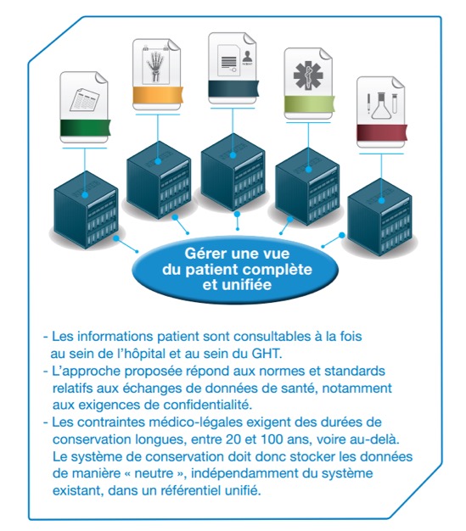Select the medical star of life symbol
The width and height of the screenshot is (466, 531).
[308, 75]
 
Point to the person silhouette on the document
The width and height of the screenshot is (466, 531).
[247, 57]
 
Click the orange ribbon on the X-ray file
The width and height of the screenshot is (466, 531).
[158, 94]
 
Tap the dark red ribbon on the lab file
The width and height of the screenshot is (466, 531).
[382, 132]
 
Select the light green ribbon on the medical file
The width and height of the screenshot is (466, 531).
[310, 103]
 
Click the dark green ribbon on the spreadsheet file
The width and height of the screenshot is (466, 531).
[86, 127]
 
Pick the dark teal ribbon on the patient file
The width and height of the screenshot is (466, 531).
[233, 88]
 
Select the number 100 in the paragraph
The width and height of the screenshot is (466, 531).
[272, 439]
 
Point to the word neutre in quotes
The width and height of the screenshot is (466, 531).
[154, 474]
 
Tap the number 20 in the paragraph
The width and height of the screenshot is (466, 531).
[233, 439]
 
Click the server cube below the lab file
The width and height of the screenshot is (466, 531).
[379, 217]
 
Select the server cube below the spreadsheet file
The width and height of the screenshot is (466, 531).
[86, 210]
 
